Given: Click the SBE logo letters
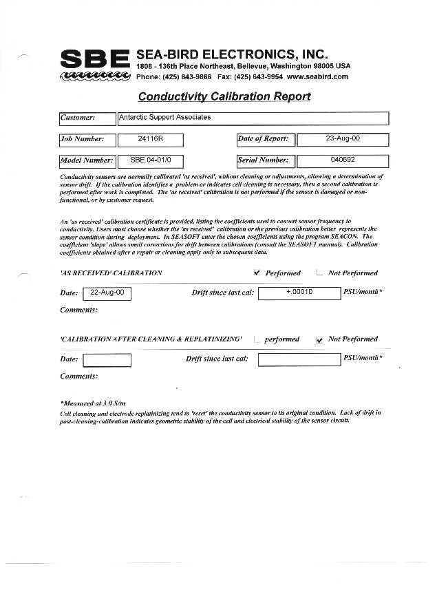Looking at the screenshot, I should tap(95, 59).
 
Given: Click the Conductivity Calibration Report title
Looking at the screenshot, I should tap(224, 96).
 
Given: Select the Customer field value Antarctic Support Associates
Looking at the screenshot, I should tap(164, 118).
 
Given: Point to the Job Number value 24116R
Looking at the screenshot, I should tap(150, 140).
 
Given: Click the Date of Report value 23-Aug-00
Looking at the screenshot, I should tap(342, 140).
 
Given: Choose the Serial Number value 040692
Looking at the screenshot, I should tap(342, 160).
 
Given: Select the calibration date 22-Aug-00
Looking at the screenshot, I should tap(107, 293).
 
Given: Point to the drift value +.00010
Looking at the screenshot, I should tap(299, 293).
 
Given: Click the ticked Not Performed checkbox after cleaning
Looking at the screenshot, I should tap(319, 340).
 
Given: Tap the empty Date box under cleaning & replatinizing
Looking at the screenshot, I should tap(107, 360).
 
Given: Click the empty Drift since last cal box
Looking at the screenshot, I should tap(299, 359).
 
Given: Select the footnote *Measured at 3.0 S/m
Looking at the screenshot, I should tap(94, 403).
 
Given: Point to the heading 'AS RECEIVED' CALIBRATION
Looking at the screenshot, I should tap(111, 273).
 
